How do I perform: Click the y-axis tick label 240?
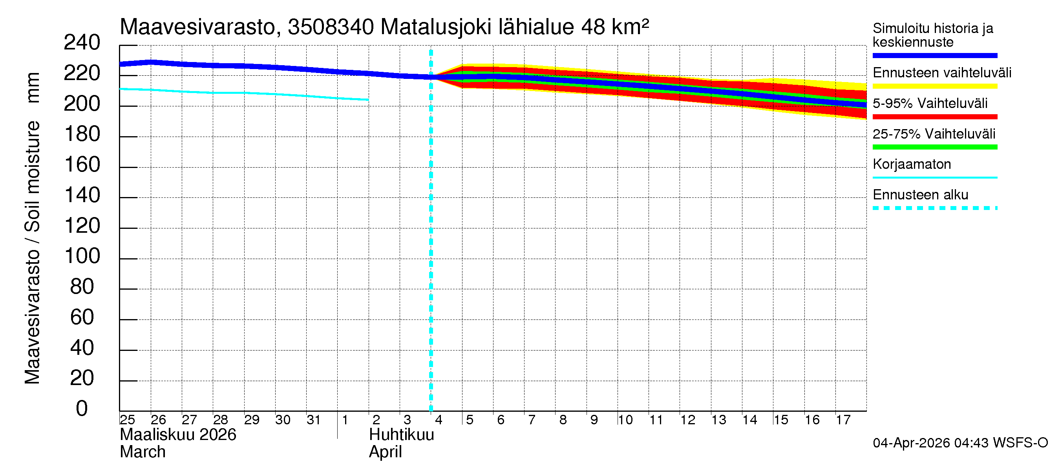[x=82, y=43]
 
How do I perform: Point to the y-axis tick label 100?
[x=82, y=256]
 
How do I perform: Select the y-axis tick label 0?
[x=82, y=409]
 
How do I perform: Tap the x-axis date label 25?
[x=128, y=420]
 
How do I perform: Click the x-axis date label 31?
[x=314, y=420]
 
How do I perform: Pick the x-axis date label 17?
[x=843, y=420]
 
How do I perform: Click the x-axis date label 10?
[x=625, y=420]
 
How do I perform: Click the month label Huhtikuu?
[x=401, y=435]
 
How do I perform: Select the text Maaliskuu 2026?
[x=178, y=435]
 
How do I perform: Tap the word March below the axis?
[x=143, y=452]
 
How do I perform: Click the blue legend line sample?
[x=934, y=55]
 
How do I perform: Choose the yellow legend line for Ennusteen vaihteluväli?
[x=934, y=86]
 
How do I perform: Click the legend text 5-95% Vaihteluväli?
[x=930, y=103]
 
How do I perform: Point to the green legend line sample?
[x=934, y=147]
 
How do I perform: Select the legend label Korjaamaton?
[x=912, y=164]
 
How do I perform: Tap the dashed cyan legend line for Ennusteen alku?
[x=934, y=208]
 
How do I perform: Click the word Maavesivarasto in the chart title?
[x=197, y=27]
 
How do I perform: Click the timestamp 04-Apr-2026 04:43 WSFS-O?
[x=960, y=443]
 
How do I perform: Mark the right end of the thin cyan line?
[x=368, y=100]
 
